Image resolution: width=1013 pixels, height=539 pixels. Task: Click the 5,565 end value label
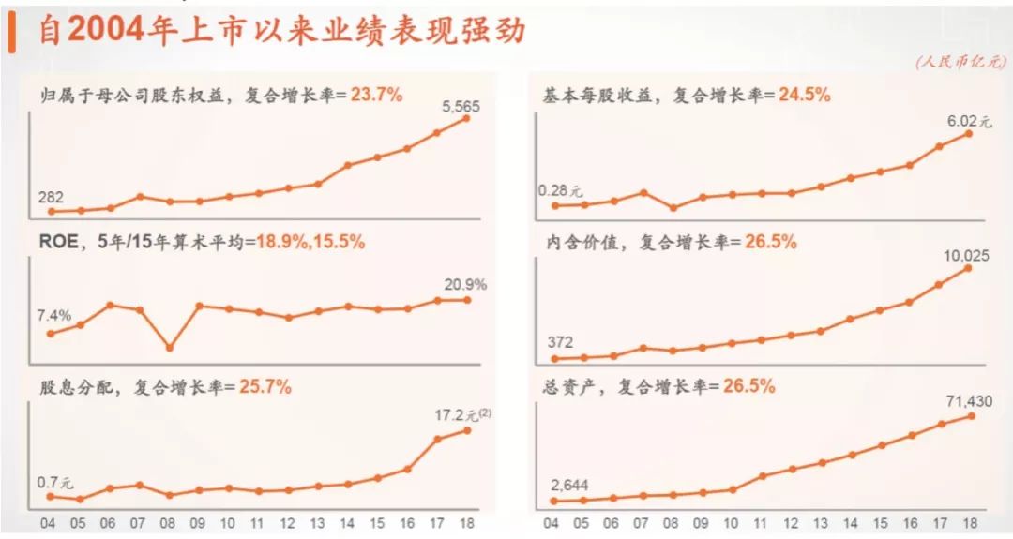(x=461, y=107)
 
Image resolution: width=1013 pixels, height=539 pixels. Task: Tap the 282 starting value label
(x=51, y=197)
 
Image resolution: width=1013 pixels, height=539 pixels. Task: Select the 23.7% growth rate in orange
(x=376, y=95)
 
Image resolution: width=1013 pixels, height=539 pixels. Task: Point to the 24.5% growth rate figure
(x=799, y=95)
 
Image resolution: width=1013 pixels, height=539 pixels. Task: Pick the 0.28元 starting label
(x=561, y=191)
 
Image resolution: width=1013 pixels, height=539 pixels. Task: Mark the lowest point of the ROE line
(x=170, y=348)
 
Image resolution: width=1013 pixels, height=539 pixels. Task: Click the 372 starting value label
(x=560, y=342)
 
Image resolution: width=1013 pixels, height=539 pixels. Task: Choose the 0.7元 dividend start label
(x=54, y=483)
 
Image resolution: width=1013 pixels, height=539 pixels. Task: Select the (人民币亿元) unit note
(x=961, y=62)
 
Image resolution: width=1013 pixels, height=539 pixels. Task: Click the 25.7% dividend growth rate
(x=265, y=386)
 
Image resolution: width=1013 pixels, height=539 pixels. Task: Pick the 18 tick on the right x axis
(x=970, y=524)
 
